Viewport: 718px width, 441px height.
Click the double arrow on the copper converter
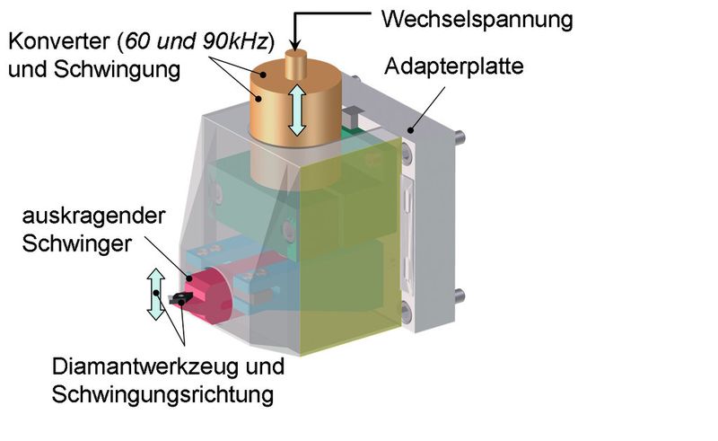pyautogui.click(x=297, y=110)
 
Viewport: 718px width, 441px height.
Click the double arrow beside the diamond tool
pyautogui.click(x=156, y=292)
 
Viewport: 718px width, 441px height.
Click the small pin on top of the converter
pyautogui.click(x=296, y=66)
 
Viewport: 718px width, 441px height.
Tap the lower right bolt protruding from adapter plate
pyautogui.click(x=459, y=296)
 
